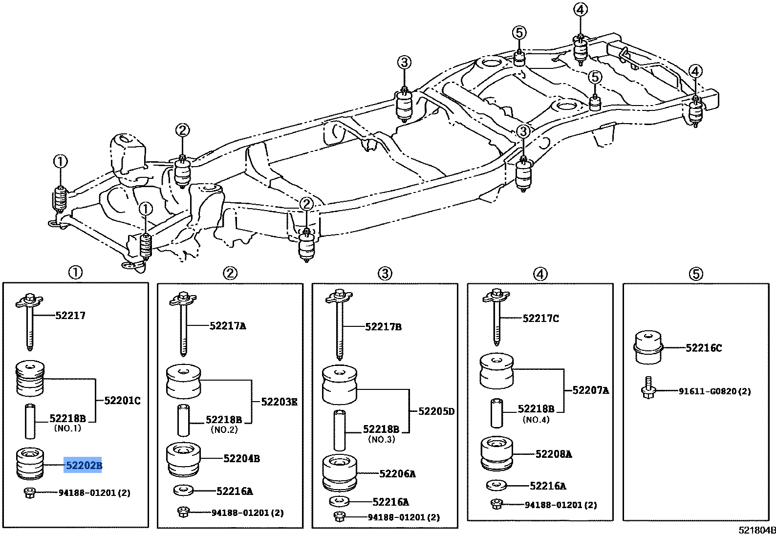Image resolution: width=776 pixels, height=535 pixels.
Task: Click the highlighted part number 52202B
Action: (x=83, y=465)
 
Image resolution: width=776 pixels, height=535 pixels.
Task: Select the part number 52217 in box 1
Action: (x=70, y=316)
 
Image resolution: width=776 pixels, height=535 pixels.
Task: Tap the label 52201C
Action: (x=122, y=401)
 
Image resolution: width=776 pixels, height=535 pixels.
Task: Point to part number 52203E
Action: (x=279, y=402)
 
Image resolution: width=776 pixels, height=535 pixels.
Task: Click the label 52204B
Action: (x=241, y=458)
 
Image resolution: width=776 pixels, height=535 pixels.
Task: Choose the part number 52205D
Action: (x=436, y=411)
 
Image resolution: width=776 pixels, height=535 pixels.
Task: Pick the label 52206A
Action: (x=397, y=473)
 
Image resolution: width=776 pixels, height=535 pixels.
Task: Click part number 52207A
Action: (x=590, y=390)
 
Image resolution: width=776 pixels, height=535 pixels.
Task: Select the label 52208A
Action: (x=553, y=454)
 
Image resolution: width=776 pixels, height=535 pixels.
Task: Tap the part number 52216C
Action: (x=703, y=348)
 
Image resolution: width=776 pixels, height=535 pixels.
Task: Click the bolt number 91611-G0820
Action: (x=709, y=391)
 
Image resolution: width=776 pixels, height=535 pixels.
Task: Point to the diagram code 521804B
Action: (x=756, y=530)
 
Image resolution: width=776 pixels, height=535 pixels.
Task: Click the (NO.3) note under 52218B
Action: (x=381, y=439)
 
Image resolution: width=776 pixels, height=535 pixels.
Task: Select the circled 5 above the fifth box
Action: (x=696, y=274)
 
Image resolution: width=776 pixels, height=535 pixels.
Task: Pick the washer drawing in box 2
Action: (x=183, y=490)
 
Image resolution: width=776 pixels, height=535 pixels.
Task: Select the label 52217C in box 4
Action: (x=540, y=319)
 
